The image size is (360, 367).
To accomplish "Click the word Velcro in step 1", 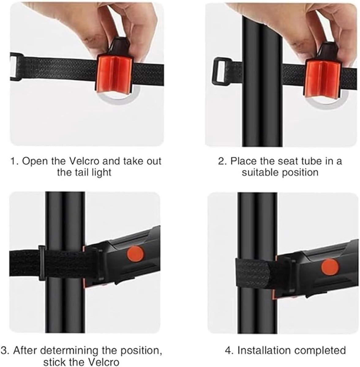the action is point(84,161).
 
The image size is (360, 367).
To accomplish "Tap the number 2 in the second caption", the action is point(221,161).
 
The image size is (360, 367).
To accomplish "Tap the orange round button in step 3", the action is point(135,254).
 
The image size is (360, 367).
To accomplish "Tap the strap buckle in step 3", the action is point(42,263).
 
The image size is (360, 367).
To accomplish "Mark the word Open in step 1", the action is point(35,161).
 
